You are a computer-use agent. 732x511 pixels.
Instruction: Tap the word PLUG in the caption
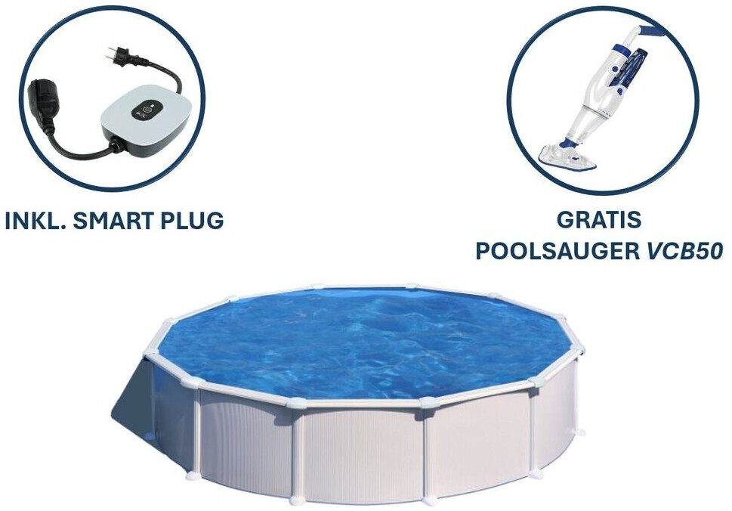pyautogui.click(x=192, y=221)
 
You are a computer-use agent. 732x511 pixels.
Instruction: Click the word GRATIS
pyautogui.click(x=599, y=219)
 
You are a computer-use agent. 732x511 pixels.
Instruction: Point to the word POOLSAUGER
pyautogui.click(x=557, y=251)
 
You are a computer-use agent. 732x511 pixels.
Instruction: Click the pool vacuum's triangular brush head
pyautogui.click(x=567, y=156)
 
